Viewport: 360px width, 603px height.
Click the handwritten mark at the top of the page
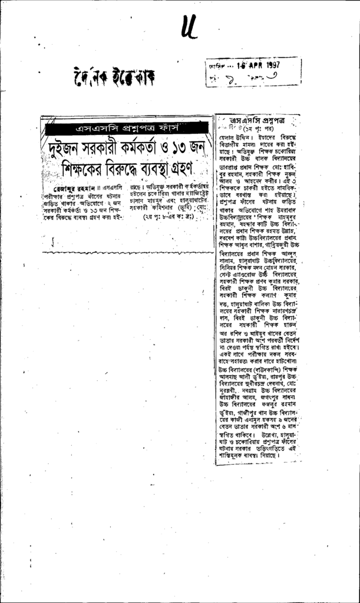pyautogui.click(x=189, y=26)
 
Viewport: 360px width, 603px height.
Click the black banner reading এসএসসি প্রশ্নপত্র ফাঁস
pyautogui.click(x=127, y=128)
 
